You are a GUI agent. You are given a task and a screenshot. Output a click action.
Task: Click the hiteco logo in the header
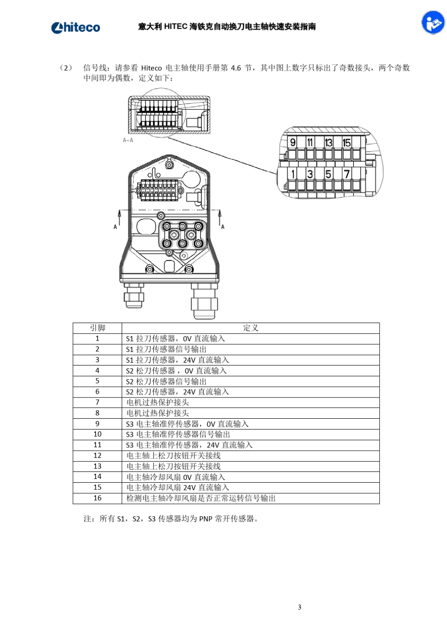click(75, 27)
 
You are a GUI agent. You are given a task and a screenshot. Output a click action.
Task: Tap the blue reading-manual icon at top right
click(432, 22)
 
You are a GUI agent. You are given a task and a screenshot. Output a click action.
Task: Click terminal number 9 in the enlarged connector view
click(293, 142)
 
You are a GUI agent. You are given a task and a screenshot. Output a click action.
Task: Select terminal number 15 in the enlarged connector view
click(346, 142)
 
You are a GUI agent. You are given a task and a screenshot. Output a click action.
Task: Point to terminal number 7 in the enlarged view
click(346, 174)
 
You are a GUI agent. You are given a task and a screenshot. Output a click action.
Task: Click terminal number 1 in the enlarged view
click(293, 174)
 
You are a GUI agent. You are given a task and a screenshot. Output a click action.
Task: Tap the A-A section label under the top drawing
click(128, 140)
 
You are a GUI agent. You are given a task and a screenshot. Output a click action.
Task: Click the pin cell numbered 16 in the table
click(97, 498)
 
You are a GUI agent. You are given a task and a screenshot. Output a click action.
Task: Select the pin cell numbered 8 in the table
click(97, 413)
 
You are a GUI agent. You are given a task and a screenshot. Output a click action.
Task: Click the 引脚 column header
click(97, 328)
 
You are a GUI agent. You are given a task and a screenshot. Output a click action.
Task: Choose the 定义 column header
click(250, 328)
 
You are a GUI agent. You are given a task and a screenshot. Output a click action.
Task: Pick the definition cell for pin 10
click(178, 434)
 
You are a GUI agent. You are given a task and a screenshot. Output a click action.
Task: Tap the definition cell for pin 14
click(176, 477)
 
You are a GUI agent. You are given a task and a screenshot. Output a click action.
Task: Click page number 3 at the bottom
click(299, 607)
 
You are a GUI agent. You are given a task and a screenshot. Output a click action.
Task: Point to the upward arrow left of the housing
click(120, 217)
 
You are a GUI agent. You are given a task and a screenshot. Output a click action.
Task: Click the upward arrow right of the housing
click(219, 217)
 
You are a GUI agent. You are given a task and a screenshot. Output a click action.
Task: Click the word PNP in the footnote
click(206, 519)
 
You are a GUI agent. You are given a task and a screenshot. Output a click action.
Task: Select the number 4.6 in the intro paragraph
click(236, 68)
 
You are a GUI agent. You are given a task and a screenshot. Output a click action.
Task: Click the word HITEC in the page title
click(176, 27)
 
